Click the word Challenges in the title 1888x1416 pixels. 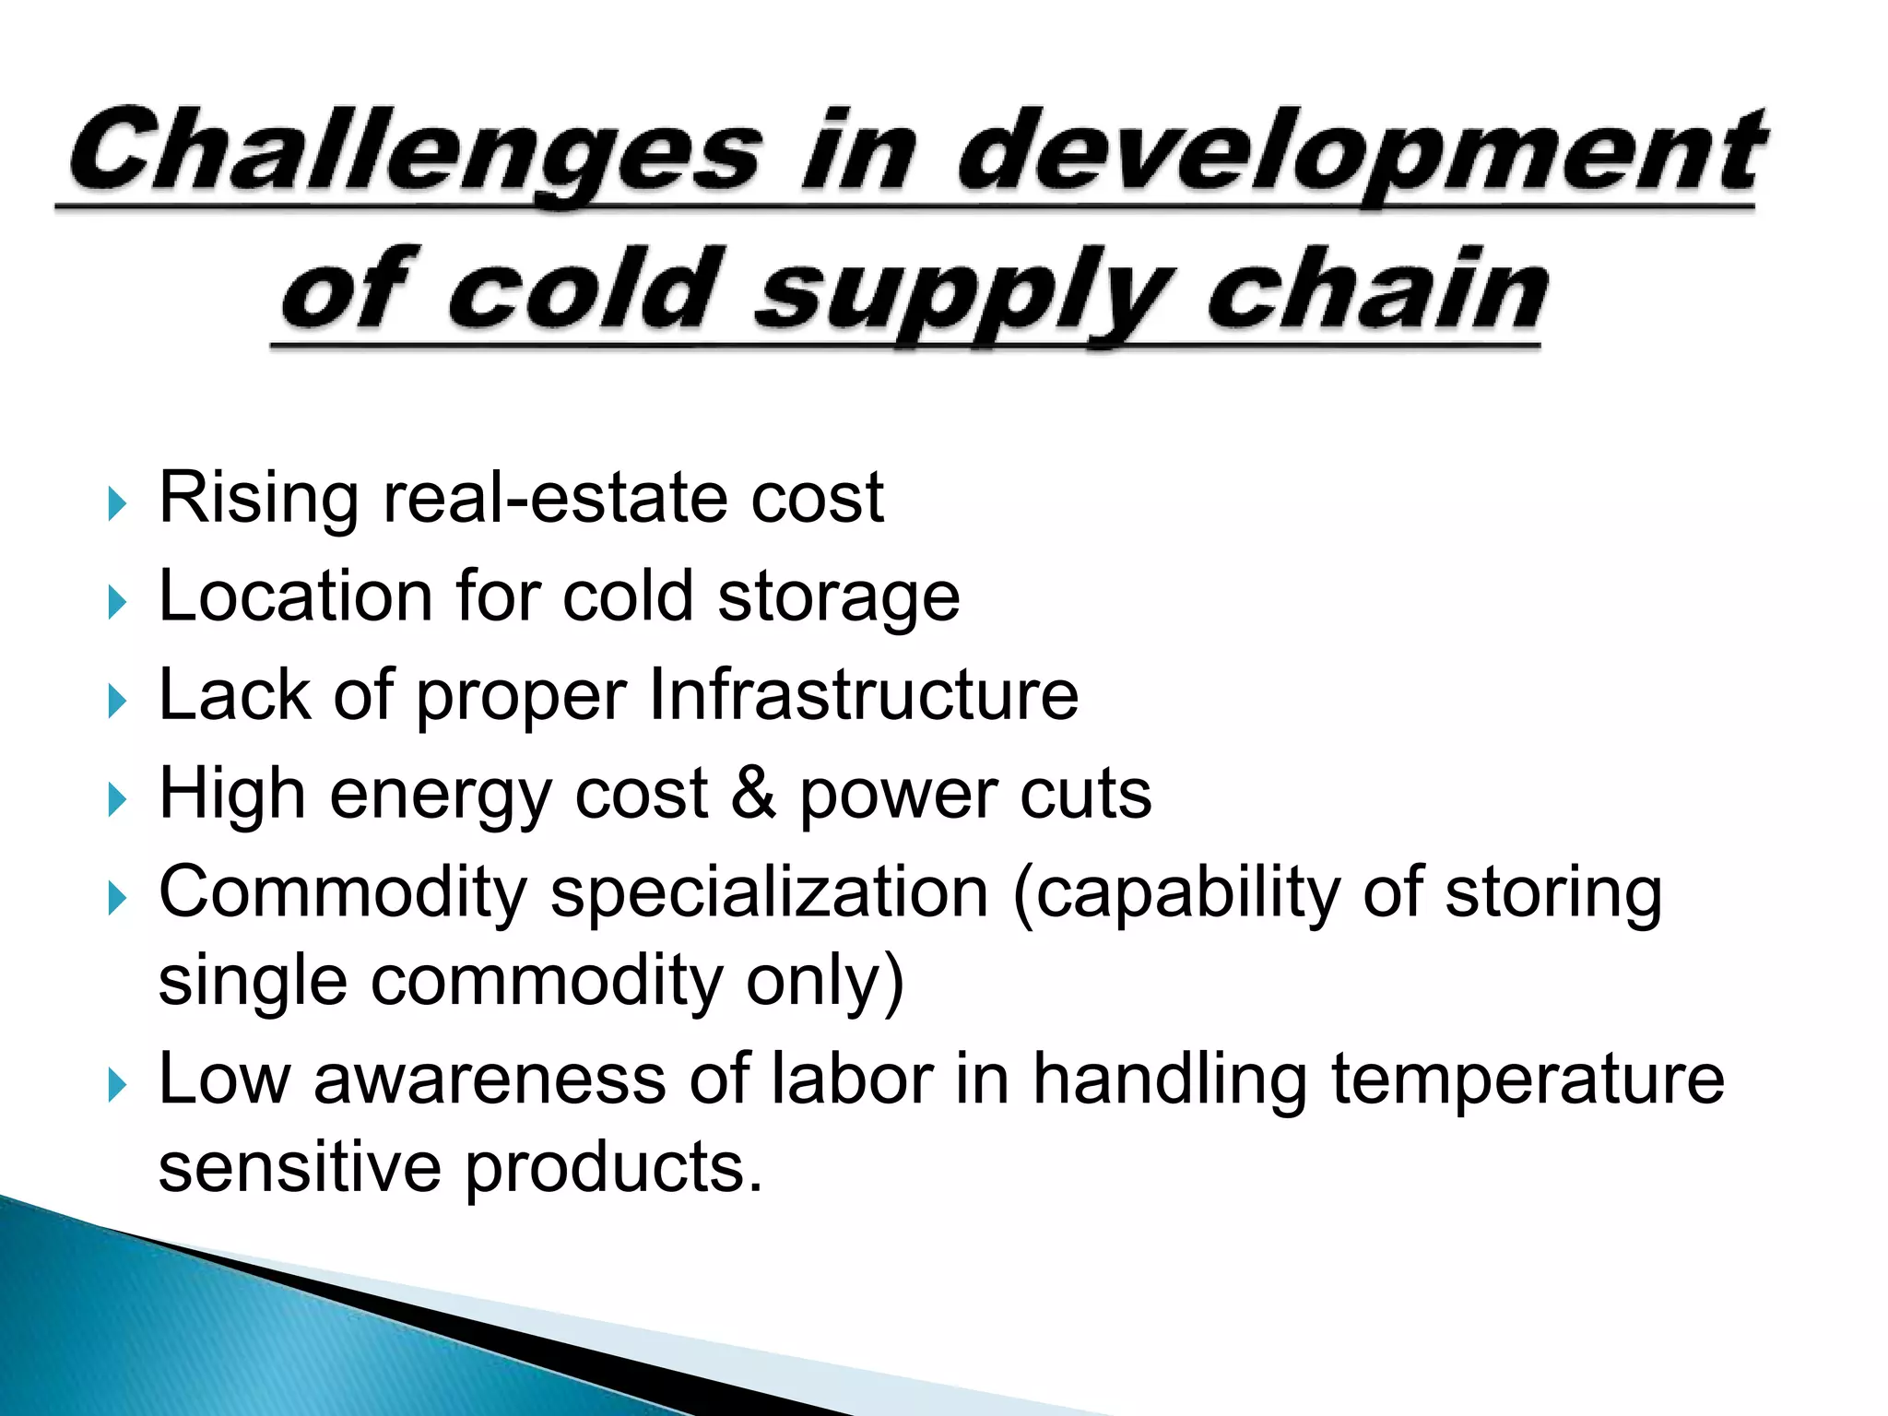tap(415, 152)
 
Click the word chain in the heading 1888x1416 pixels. tap(1378, 290)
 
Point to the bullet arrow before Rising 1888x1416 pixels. tap(116, 504)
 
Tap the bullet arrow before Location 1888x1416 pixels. tap(116, 603)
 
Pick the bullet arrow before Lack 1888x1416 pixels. tap(116, 702)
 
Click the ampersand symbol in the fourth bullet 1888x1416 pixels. tap(753, 794)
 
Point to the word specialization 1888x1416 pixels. tap(769, 895)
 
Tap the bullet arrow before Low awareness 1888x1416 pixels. tap(116, 1085)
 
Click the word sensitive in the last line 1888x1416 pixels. tap(300, 1168)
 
